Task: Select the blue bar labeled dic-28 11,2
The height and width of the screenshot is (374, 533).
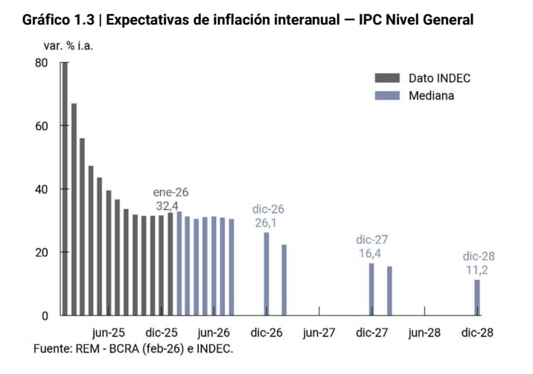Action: [x=477, y=297]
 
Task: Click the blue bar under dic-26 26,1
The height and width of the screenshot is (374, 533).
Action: [x=266, y=273]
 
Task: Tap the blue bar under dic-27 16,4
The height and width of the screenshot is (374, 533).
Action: [x=371, y=289]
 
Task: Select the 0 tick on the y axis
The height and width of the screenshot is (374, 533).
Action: [x=44, y=316]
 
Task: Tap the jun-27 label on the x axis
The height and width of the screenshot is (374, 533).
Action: [x=319, y=333]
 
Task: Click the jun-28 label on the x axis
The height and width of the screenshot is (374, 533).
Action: [x=424, y=333]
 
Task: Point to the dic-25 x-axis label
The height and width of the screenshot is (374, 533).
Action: [x=162, y=333]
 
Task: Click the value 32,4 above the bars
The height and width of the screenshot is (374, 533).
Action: [x=167, y=206]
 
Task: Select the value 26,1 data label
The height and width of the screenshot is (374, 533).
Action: [x=267, y=223]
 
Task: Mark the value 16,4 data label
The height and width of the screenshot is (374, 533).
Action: [x=371, y=254]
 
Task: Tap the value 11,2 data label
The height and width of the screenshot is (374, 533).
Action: [x=478, y=270]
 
